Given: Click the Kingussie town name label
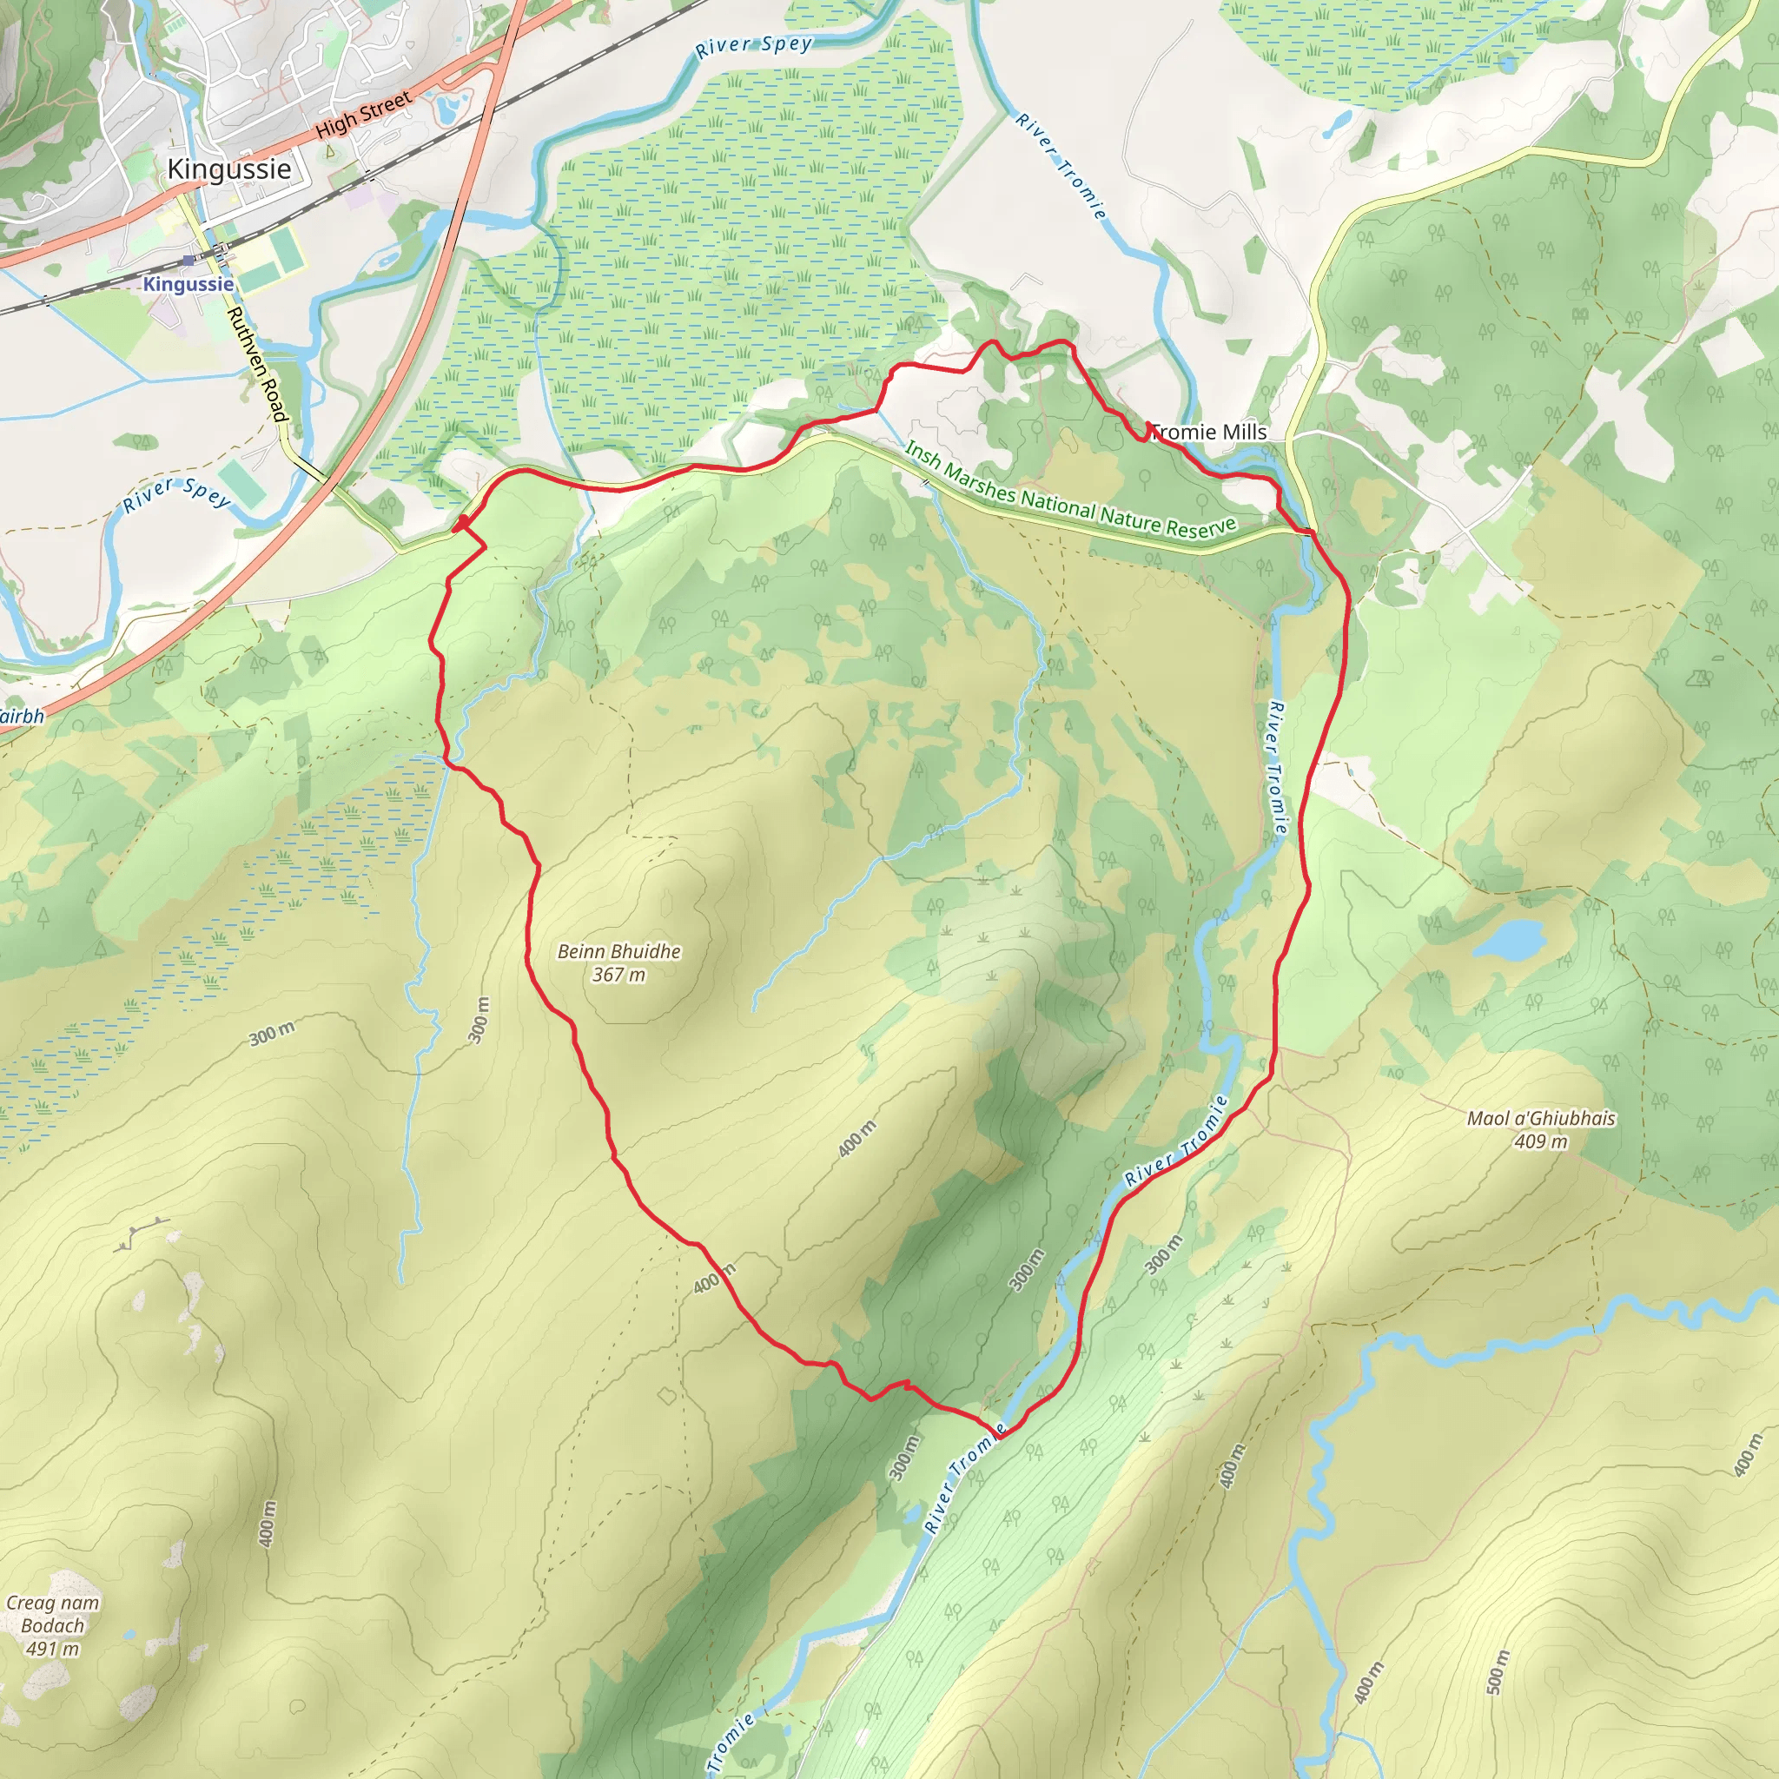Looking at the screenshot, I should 228,169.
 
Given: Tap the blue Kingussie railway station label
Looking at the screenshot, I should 188,283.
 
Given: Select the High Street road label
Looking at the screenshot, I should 364,116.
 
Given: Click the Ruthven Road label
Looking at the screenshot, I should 257,365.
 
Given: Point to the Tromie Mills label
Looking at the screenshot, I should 1209,432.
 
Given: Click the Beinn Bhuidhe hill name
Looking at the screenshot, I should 618,951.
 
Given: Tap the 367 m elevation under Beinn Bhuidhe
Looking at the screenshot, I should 618,975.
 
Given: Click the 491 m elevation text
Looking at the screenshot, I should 52,1648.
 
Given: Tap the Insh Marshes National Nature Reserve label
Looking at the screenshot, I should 1070,490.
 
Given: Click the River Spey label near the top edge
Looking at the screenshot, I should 754,46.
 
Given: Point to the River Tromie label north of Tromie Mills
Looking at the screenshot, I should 1061,166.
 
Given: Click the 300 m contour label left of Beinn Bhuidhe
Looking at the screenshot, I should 272,1033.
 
